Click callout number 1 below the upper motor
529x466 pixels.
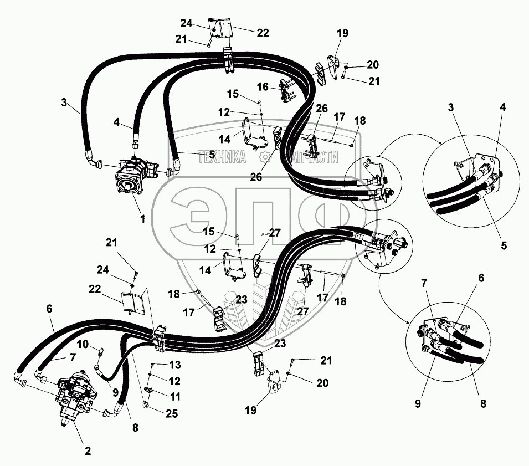[142, 219]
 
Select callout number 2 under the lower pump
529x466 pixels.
[88, 450]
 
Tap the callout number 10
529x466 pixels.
[83, 344]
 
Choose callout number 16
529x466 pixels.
[263, 86]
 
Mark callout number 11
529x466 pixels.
[175, 397]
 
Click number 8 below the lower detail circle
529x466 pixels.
[483, 403]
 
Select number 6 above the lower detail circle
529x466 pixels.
[481, 279]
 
